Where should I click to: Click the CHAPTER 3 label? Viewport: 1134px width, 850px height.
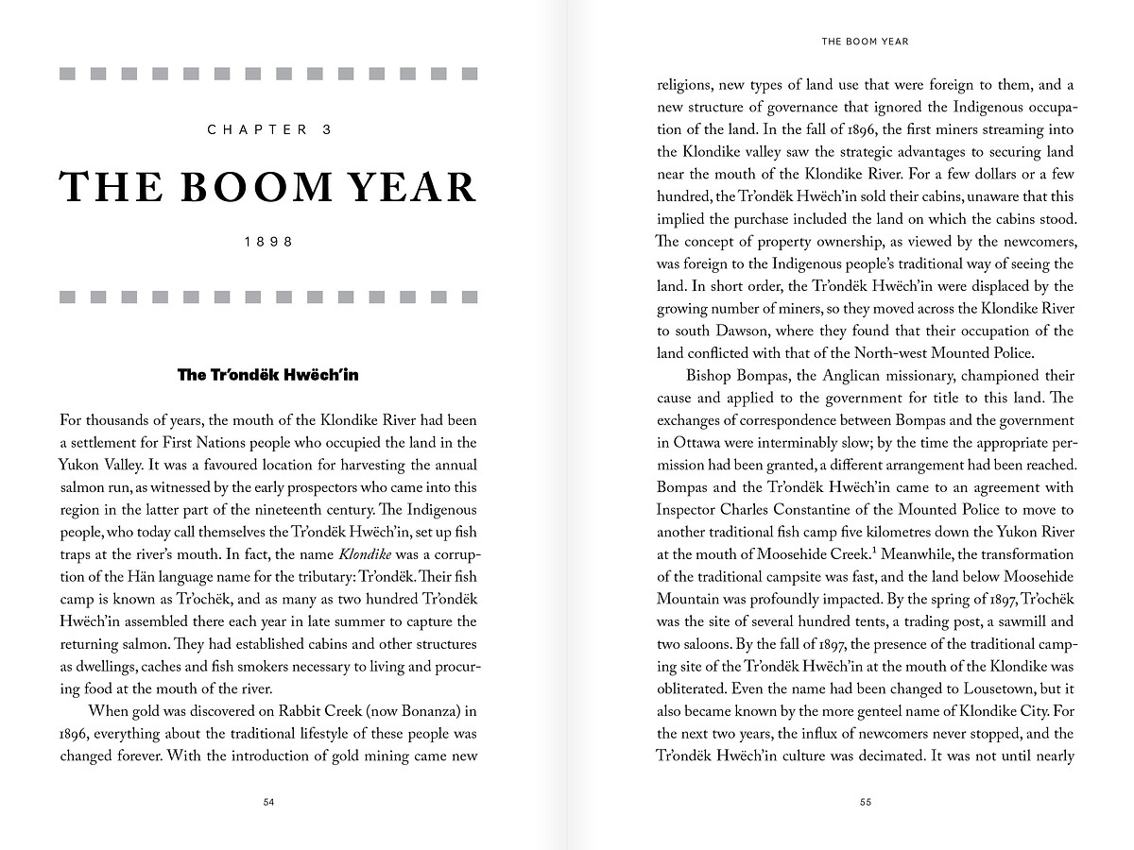(x=269, y=130)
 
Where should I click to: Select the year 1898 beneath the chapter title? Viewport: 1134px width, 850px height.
(x=269, y=242)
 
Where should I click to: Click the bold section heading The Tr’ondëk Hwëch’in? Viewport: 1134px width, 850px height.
(x=268, y=375)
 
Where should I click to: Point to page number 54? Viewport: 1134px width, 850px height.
(x=268, y=802)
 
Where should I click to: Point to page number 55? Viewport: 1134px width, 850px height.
(x=866, y=802)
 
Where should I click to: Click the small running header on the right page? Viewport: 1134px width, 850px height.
(x=865, y=42)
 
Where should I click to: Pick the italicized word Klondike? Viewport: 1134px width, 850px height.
(x=365, y=554)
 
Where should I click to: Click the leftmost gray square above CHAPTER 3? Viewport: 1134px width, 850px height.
(x=67, y=74)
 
